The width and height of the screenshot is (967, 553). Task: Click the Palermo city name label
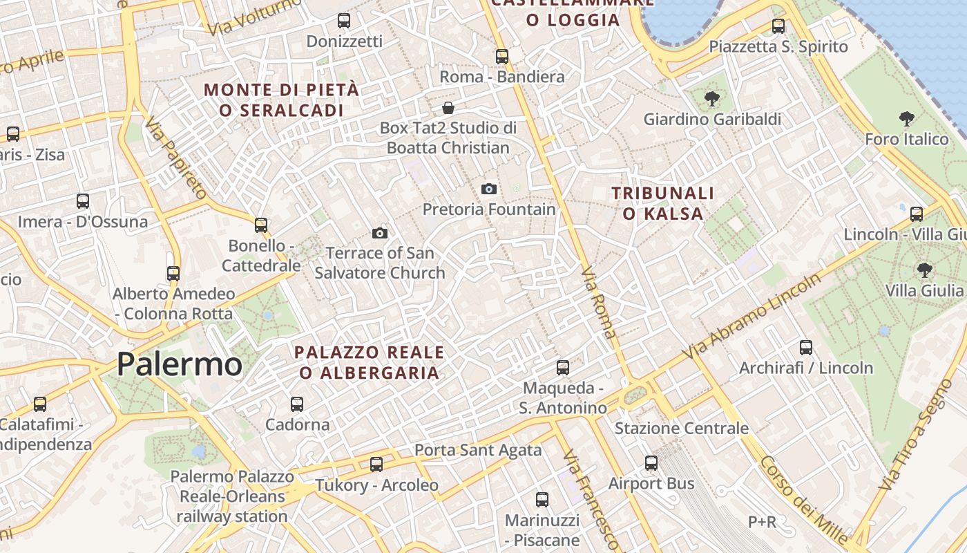[x=180, y=364]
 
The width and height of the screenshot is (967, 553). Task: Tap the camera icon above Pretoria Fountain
[x=488, y=189]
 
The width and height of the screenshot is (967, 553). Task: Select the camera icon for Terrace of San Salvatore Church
[x=379, y=233]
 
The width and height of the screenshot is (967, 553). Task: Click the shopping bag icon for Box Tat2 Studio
[x=448, y=108]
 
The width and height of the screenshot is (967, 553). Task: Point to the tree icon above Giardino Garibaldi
[x=712, y=99]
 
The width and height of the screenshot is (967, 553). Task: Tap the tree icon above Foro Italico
[x=906, y=119]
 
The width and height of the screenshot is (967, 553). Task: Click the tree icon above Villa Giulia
[x=924, y=270]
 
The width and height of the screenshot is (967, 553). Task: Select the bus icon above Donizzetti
[x=343, y=21]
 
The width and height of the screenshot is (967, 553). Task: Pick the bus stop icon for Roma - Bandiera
[x=502, y=56]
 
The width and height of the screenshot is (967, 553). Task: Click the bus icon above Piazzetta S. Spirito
[x=778, y=26]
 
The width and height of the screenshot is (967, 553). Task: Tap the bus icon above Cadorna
[x=297, y=404]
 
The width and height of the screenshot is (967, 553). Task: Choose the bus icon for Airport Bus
[x=651, y=463]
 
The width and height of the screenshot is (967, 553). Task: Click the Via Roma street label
[x=599, y=302]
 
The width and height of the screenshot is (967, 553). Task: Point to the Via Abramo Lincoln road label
[x=753, y=315]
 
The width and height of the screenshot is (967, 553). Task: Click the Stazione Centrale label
[x=681, y=429]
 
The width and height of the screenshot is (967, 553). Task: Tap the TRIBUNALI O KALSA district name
[x=662, y=203]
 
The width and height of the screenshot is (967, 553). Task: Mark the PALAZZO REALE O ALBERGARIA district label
[x=370, y=362]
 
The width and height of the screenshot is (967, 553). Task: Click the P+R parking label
[x=762, y=521]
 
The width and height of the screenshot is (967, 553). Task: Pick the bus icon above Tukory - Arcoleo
[x=376, y=465]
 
